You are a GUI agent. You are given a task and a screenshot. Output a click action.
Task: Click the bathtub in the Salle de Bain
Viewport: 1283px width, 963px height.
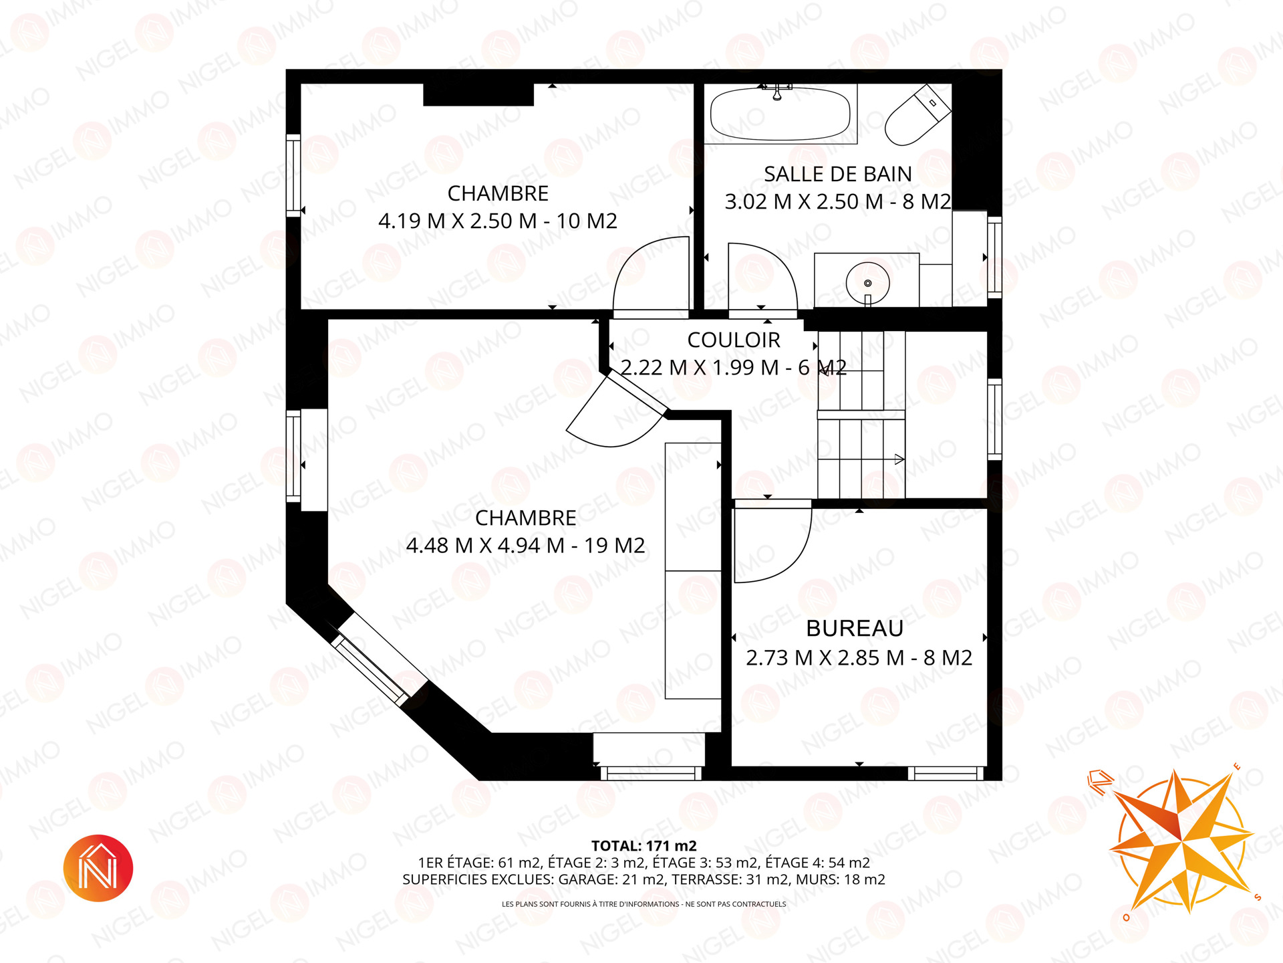coord(780,114)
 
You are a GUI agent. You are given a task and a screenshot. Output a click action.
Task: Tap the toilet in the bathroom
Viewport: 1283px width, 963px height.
coord(917,115)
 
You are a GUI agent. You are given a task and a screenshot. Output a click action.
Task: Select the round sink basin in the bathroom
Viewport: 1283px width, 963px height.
coord(867,283)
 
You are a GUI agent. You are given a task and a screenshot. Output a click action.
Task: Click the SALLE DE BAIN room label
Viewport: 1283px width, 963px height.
coord(838,174)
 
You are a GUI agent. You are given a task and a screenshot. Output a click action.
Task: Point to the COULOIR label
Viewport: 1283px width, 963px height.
coord(734,340)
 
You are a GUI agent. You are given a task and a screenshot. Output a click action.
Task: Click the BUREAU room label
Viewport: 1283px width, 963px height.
coord(855,629)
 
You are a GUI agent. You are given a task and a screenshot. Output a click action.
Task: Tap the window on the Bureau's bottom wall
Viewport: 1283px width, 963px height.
coord(946,773)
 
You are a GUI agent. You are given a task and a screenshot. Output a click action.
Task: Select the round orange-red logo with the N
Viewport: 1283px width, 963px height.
coord(98,868)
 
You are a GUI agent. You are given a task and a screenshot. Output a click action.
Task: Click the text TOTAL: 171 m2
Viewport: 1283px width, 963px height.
coord(644,846)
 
